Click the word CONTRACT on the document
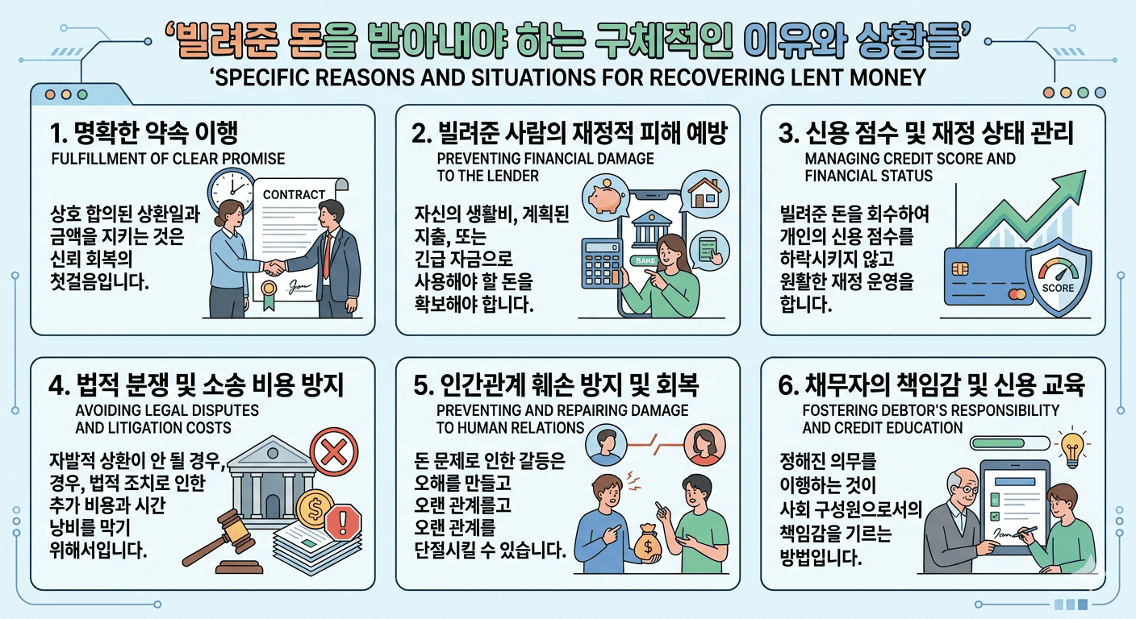tap(294, 194)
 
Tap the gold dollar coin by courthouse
tap(315, 509)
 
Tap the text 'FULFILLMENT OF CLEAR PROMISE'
tap(167, 158)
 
